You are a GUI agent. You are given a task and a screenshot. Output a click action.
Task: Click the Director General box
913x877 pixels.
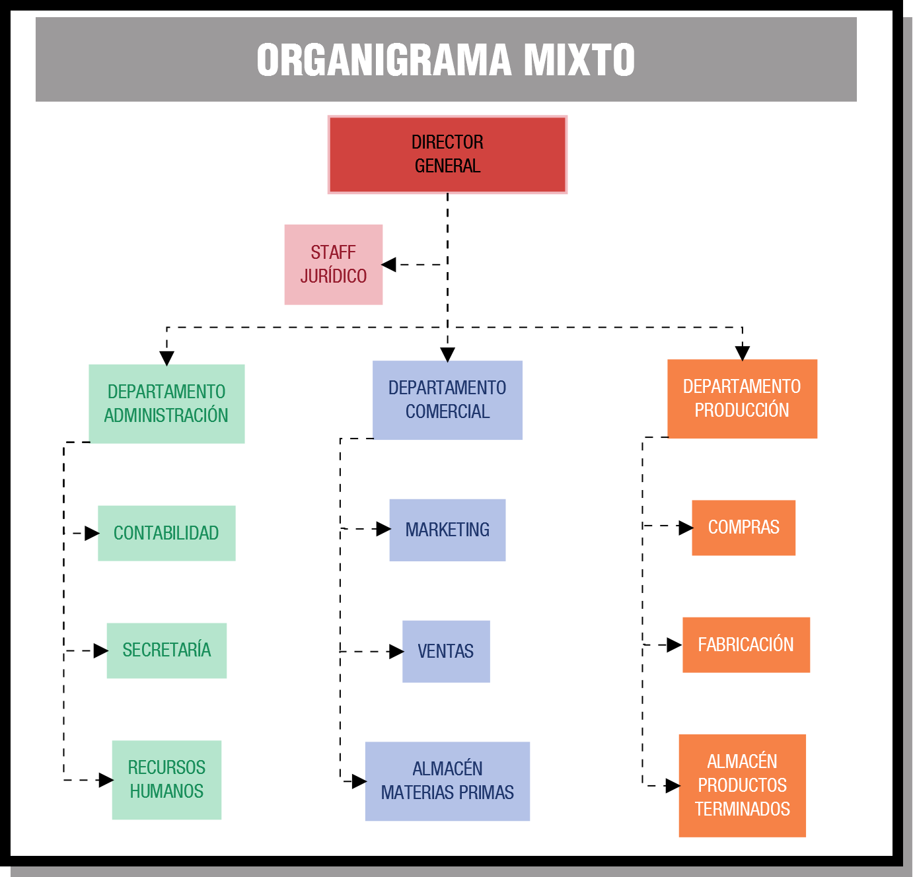(x=447, y=155)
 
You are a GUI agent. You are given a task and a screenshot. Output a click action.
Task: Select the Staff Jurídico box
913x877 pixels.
(x=334, y=264)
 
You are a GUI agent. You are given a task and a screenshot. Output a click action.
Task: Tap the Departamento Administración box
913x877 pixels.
(x=166, y=403)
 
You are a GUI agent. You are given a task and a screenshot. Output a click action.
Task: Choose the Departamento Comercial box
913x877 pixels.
(x=447, y=400)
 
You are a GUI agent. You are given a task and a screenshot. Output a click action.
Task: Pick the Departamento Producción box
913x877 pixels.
(x=742, y=398)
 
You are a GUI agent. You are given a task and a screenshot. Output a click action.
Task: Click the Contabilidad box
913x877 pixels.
(x=166, y=533)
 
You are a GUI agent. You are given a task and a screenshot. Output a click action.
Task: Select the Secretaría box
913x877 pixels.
(x=166, y=650)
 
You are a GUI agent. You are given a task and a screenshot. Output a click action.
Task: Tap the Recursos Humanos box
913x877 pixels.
(x=166, y=779)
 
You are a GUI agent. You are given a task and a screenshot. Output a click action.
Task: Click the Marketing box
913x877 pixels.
(x=447, y=530)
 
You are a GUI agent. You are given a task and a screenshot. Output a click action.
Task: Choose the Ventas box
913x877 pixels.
(x=446, y=651)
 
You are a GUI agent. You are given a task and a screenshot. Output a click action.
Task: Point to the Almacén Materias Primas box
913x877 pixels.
(x=447, y=781)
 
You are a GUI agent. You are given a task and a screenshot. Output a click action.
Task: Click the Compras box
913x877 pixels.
(x=743, y=527)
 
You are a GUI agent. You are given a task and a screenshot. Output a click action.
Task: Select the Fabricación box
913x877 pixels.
(x=746, y=645)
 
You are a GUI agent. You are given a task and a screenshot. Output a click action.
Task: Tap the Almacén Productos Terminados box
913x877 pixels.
(x=742, y=785)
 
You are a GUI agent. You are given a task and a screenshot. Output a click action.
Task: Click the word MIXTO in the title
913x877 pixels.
(x=579, y=60)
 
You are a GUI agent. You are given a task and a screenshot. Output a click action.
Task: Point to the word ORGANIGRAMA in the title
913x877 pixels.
(x=384, y=60)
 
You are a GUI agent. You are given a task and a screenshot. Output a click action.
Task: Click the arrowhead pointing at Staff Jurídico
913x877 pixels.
(x=389, y=265)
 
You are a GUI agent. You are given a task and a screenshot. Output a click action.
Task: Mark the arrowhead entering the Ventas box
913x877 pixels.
(x=396, y=652)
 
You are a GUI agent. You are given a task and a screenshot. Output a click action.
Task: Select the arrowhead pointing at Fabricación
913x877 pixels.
(x=675, y=645)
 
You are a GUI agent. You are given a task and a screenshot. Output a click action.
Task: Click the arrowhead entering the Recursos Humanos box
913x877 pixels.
(x=106, y=780)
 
